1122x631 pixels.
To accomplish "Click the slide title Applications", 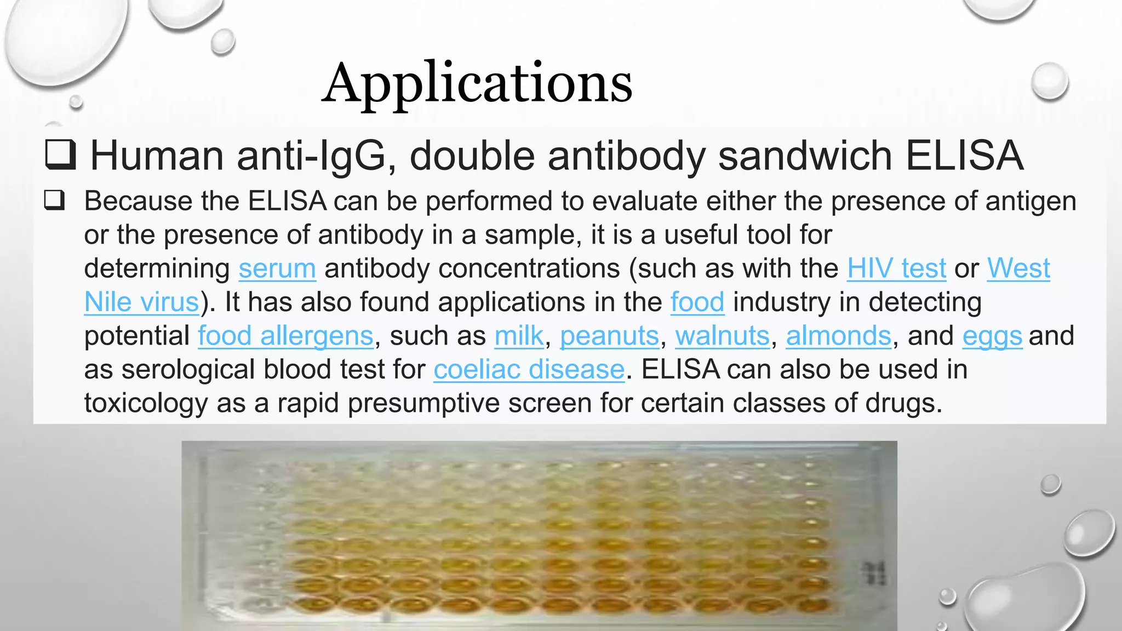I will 477,83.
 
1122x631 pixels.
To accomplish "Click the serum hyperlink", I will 277,269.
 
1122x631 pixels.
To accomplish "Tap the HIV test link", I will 896,269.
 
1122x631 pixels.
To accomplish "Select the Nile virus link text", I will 141,302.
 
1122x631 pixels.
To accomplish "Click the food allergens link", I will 285,336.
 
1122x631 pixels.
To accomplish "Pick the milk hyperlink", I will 519,336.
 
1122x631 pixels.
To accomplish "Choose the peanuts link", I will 609,336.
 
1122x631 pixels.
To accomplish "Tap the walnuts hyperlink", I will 722,336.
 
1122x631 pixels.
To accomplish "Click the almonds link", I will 838,336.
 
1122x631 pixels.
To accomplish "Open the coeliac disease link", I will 529,370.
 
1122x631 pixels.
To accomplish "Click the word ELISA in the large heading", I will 964,156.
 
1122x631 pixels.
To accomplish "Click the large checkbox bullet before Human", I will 60,154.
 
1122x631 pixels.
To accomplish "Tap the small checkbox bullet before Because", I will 54,200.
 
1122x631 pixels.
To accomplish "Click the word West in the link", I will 1018,269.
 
